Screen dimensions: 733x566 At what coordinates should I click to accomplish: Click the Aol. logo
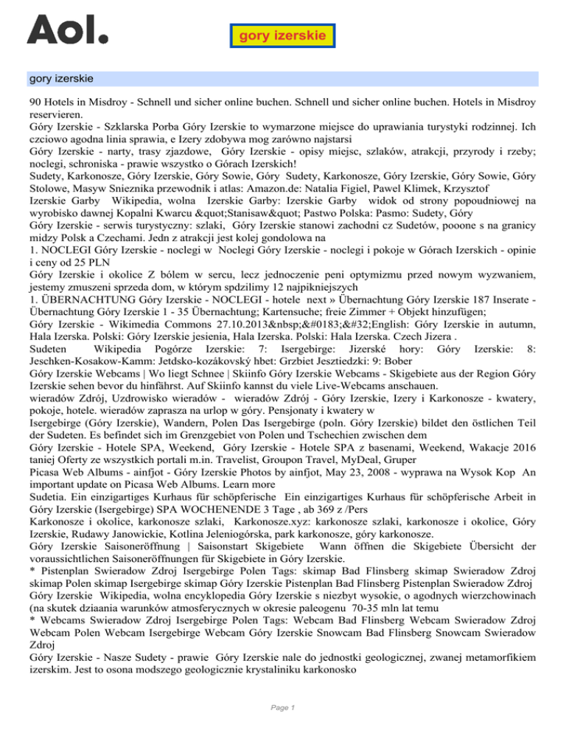pyautogui.click(x=67, y=30)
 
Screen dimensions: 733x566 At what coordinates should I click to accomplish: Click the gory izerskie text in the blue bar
pyautogui.click(x=61, y=77)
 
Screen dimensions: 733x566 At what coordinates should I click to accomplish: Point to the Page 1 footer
pyautogui.click(x=282, y=708)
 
